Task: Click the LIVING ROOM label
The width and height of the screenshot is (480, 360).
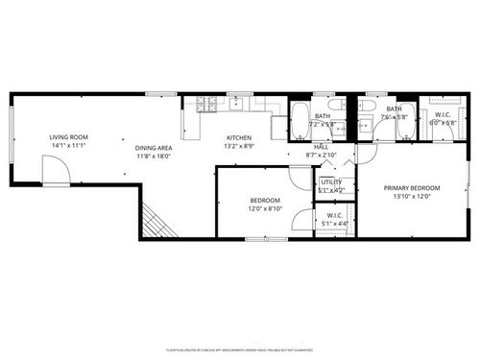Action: [68, 137]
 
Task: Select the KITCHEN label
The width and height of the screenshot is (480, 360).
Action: [239, 137]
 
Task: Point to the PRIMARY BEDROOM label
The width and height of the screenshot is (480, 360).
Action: [411, 188]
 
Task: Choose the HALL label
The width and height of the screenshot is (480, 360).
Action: [321, 147]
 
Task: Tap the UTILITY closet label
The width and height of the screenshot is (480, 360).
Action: [331, 180]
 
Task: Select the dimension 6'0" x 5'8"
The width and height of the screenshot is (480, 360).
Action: [442, 122]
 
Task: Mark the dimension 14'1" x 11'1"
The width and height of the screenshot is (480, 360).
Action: [68, 146]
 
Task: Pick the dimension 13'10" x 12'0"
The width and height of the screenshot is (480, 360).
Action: [411, 197]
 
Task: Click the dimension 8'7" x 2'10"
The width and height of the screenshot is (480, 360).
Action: [321, 155]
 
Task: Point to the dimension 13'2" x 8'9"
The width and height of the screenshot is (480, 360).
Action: [239, 146]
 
